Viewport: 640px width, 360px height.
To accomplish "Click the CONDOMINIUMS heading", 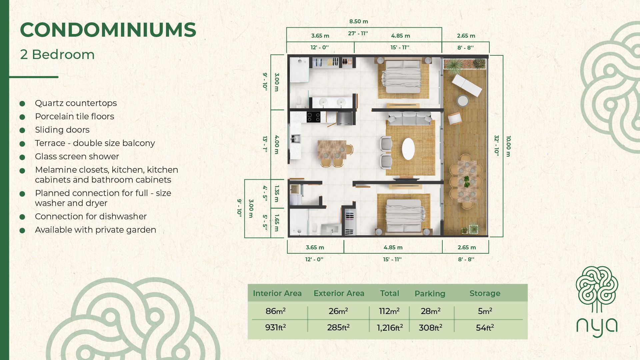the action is click(x=108, y=30).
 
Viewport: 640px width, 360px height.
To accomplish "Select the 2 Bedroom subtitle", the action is click(x=57, y=55).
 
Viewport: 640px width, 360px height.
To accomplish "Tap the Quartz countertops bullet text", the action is click(x=76, y=103).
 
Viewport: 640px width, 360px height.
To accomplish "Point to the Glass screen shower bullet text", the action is click(x=77, y=156).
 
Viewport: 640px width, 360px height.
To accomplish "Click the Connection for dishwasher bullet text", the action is click(x=91, y=216).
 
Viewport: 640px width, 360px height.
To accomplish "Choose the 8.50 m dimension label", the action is click(x=359, y=21).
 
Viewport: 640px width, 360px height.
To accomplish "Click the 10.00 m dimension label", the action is click(x=508, y=146).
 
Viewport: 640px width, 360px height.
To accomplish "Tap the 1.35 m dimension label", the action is click(x=276, y=194).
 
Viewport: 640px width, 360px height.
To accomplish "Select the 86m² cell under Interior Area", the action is click(x=276, y=311).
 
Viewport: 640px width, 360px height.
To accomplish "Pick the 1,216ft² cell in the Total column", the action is click(x=390, y=328).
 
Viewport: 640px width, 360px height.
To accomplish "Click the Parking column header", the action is click(x=430, y=294).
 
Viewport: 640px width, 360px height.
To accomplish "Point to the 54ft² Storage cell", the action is click(x=485, y=328).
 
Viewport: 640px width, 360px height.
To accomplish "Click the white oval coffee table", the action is click(x=408, y=149).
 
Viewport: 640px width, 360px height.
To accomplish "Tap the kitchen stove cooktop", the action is click(x=313, y=117).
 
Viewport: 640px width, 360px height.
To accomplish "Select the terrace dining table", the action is click(x=467, y=182).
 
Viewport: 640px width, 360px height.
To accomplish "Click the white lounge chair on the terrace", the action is click(x=467, y=85).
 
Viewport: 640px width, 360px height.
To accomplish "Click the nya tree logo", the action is click(x=597, y=302).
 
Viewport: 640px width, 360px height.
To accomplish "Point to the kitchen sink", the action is click(x=295, y=138).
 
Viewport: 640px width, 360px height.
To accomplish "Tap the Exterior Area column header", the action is click(x=339, y=293).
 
